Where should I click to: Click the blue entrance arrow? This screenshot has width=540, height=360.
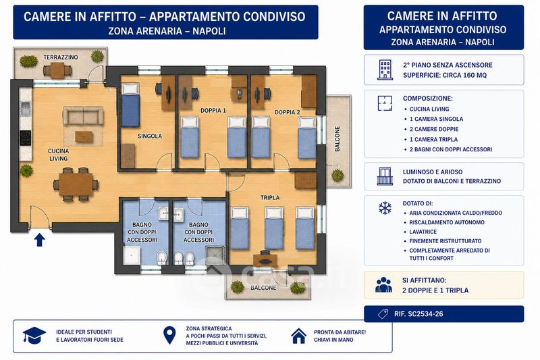[x=40, y=240]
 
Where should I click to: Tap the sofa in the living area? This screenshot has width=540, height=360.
[x=83, y=115]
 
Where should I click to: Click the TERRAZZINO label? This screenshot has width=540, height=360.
[x=61, y=57]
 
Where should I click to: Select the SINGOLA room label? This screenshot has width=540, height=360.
[x=150, y=136]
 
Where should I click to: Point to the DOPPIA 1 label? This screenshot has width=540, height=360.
[x=213, y=111]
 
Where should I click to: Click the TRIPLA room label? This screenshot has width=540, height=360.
[x=270, y=198]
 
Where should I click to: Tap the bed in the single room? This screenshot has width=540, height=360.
[x=130, y=105]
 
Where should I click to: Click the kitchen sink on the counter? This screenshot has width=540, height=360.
[x=25, y=109]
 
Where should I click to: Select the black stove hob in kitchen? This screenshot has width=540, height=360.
[x=25, y=138]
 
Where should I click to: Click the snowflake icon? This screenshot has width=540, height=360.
[x=385, y=208]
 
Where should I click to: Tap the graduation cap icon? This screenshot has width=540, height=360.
[x=34, y=335]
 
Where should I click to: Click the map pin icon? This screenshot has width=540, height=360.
[x=169, y=335]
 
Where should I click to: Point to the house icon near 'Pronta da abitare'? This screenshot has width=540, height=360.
[x=298, y=336]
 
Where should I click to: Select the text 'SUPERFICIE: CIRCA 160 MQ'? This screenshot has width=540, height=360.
[x=445, y=75]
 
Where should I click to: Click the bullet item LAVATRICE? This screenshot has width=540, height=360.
[x=423, y=232]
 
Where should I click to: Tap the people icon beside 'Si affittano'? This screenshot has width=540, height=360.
[x=383, y=285]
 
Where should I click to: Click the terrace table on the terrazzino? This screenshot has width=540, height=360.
[x=57, y=71]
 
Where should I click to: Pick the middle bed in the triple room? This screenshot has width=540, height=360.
[x=274, y=228]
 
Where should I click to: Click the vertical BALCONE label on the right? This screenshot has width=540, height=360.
[x=337, y=139]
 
